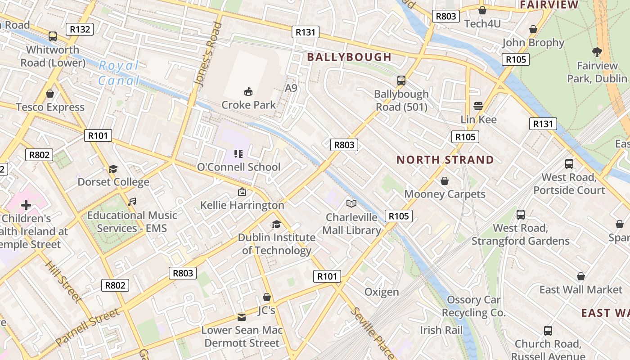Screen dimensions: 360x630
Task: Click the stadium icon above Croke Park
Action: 248,92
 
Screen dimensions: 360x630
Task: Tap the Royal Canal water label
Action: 119,73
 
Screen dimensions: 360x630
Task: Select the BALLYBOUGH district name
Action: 349,57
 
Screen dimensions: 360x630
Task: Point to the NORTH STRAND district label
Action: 445,160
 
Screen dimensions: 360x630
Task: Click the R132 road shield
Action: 80,30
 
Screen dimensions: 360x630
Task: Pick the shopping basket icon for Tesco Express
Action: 50,94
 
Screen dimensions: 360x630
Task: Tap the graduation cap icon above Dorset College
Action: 113,169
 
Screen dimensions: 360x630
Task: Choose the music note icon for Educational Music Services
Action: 132,202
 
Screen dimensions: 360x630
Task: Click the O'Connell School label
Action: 238,167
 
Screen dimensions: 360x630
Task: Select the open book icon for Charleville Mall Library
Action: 351,204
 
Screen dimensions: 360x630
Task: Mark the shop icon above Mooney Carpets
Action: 445,181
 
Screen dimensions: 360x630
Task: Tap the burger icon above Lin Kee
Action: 478,106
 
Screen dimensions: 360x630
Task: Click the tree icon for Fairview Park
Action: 597,52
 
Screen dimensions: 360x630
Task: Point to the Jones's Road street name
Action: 208,54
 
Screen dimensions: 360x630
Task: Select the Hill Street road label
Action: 63,281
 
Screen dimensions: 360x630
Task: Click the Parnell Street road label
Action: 88,327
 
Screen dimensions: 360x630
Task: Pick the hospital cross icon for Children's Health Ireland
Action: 26,206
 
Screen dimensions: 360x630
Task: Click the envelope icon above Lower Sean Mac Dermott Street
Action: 242,317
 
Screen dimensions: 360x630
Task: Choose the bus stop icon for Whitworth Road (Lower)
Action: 53,36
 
